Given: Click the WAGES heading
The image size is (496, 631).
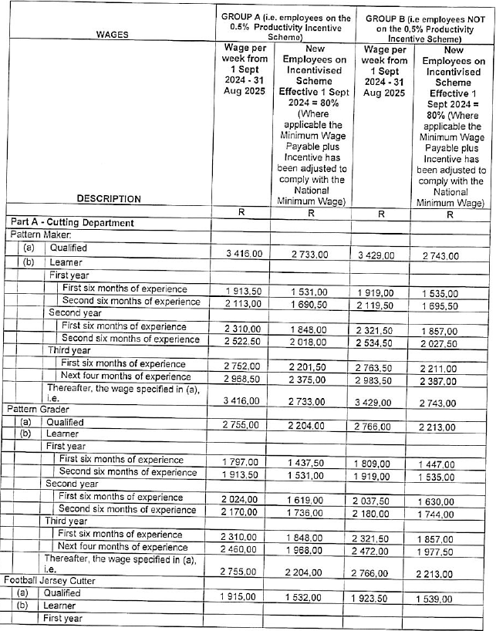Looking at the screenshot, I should (112, 34).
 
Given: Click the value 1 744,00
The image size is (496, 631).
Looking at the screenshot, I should (449, 511).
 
